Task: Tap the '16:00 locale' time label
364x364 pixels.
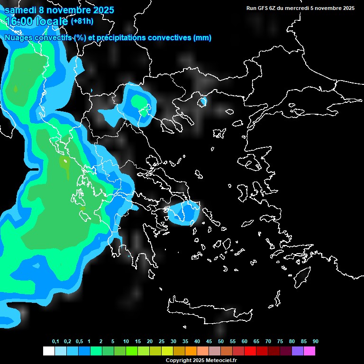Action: click(x=36, y=21)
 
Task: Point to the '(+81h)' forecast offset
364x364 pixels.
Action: click(x=82, y=21)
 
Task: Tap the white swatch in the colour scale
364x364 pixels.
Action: click(x=48, y=351)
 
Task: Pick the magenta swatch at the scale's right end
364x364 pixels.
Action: click(x=309, y=351)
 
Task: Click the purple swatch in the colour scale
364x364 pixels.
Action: click(x=298, y=351)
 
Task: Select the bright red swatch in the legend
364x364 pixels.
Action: click(x=250, y=351)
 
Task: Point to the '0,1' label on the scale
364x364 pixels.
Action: click(x=55, y=342)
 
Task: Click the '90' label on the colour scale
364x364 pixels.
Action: click(x=316, y=342)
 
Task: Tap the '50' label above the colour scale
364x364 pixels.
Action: click(x=221, y=342)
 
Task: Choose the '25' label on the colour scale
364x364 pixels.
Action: click(x=162, y=342)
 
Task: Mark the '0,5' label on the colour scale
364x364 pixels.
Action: click(x=79, y=342)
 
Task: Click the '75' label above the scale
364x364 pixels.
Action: click(x=280, y=342)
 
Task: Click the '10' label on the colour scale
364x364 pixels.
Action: click(x=126, y=342)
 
